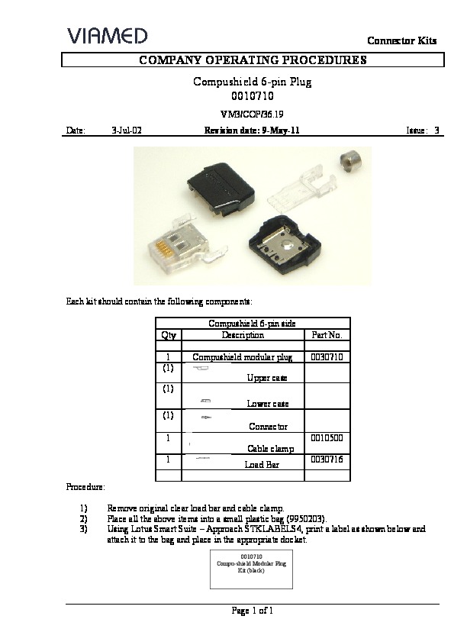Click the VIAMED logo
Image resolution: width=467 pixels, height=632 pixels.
pyautogui.click(x=107, y=35)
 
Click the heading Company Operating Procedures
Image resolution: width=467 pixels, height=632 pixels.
pyautogui.click(x=252, y=60)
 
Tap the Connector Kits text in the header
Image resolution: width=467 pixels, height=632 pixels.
pyautogui.click(x=401, y=40)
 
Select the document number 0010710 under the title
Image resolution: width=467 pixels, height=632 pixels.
pyautogui.click(x=252, y=97)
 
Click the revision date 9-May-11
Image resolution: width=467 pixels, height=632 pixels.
pyautogui.click(x=275, y=131)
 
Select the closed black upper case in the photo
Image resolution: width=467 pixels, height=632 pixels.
pyautogui.click(x=222, y=184)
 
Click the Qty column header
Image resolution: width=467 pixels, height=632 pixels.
pyautogui.click(x=169, y=335)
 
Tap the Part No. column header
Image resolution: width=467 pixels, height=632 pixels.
pyautogui.click(x=327, y=335)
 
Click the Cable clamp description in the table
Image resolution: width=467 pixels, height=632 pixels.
pyautogui.click(x=270, y=449)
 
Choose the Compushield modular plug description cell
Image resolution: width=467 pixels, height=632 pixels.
pyautogui.click(x=243, y=356)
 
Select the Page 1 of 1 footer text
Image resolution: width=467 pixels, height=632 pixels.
pyautogui.click(x=252, y=611)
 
